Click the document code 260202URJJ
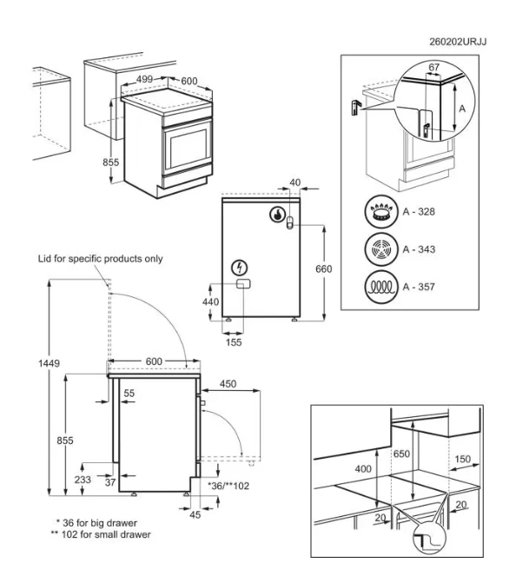click(458, 42)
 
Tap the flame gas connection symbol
click(276, 214)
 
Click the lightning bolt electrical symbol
click(240, 268)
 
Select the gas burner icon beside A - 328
click(380, 211)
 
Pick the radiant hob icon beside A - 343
click(380, 249)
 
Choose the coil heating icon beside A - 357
click(380, 287)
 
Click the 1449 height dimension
click(49, 363)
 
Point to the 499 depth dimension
click(144, 79)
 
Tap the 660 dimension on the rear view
click(323, 268)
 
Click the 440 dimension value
click(210, 301)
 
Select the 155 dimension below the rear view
click(234, 342)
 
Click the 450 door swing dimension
click(228, 384)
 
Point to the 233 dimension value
click(83, 480)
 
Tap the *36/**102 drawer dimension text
click(228, 486)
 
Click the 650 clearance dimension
click(401, 454)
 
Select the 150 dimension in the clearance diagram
click(462, 459)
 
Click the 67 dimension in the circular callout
click(433, 67)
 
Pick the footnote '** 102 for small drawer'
click(101, 534)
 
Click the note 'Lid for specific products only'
click(101, 259)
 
